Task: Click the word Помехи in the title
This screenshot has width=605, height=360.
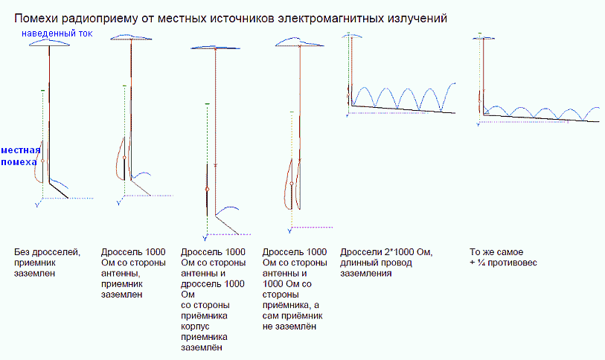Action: pyautogui.click(x=38, y=17)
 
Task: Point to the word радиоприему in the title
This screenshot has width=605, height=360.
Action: pyautogui.click(x=99, y=17)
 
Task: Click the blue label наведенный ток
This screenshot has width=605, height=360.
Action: pyautogui.click(x=57, y=33)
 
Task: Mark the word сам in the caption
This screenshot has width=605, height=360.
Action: pyautogui.click(x=271, y=315)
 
